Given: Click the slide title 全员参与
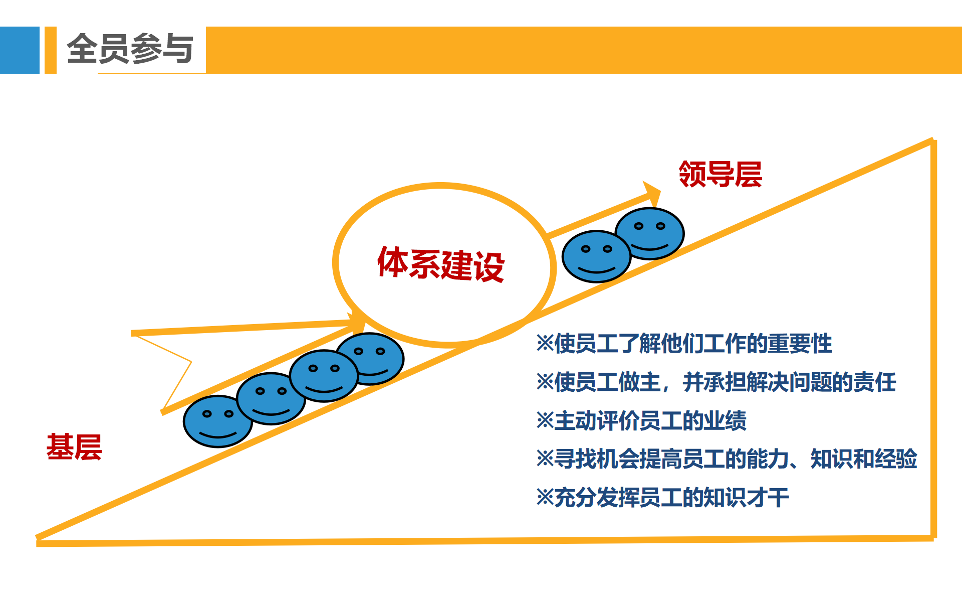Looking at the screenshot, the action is (x=130, y=49).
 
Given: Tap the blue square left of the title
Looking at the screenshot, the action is (x=20, y=50).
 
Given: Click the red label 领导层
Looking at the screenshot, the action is (x=720, y=174).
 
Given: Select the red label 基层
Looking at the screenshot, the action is (x=74, y=447).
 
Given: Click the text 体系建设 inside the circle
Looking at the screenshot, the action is (x=441, y=264).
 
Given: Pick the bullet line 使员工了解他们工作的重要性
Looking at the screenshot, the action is (x=684, y=344).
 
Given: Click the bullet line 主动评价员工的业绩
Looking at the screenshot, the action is (x=641, y=420).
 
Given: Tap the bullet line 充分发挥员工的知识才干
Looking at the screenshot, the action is (x=662, y=498).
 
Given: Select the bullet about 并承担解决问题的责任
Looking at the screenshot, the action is (x=716, y=382).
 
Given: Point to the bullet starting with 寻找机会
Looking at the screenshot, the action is (x=727, y=459).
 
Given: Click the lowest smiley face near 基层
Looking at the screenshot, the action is (x=218, y=421).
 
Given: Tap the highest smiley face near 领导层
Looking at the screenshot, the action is (x=650, y=234).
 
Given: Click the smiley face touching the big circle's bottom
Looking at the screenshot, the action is (x=370, y=359).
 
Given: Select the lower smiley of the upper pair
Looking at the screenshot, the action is (x=597, y=256).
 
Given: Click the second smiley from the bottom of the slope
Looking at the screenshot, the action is (x=271, y=399).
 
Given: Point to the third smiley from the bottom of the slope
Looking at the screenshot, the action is (x=324, y=376).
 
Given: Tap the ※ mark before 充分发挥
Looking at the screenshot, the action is (x=545, y=498).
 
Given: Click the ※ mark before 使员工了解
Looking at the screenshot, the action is (x=545, y=344).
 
